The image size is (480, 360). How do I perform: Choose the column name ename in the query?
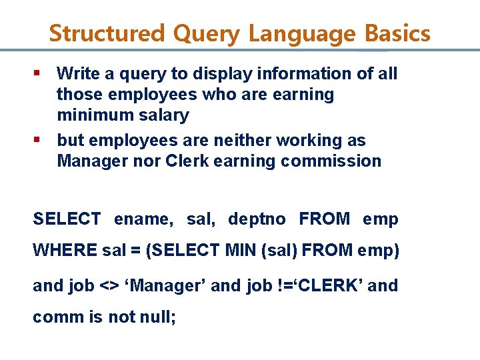[x=142, y=219]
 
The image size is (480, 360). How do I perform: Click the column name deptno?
[x=257, y=219]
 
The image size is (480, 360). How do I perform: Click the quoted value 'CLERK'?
[x=325, y=286]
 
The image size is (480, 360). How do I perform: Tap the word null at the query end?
[x=158, y=317]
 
